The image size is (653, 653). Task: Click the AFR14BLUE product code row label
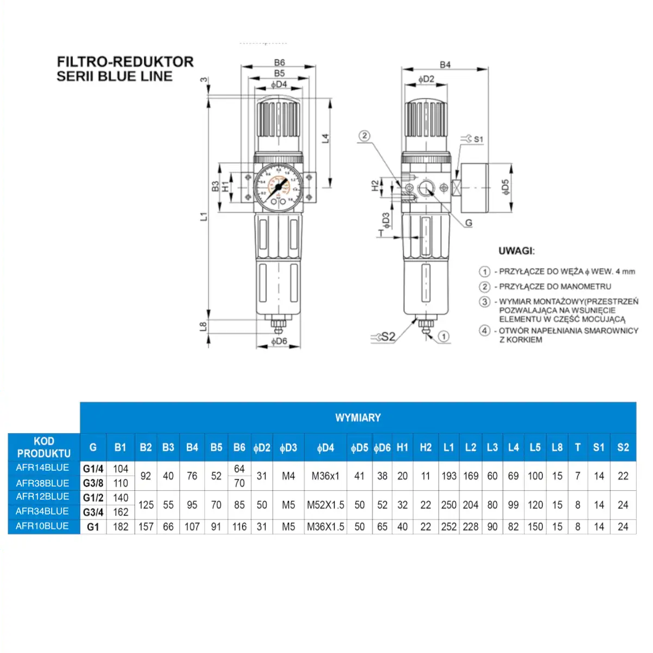(42, 467)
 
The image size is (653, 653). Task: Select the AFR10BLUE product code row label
(42, 526)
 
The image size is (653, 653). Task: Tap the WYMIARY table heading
(358, 418)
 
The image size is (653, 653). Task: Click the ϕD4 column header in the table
(325, 448)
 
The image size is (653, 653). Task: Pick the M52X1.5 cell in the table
(325, 505)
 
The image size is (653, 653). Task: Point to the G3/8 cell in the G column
(93, 483)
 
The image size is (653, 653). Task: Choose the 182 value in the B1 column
(120, 527)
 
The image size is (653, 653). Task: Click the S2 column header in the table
(623, 448)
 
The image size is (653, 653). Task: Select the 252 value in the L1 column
(449, 527)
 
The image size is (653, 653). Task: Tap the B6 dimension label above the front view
(279, 63)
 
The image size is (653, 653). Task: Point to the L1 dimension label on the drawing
(204, 217)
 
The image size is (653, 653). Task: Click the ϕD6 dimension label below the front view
(279, 342)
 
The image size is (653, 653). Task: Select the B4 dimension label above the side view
(445, 65)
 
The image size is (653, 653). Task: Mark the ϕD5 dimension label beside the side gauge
(506, 187)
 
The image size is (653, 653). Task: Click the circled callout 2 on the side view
(365, 136)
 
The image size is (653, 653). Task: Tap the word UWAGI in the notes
(516, 251)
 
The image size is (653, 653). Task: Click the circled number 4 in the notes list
(484, 330)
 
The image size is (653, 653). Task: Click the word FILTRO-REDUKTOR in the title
(125, 62)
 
